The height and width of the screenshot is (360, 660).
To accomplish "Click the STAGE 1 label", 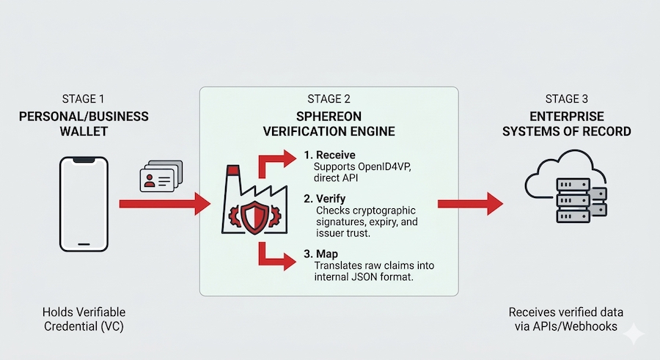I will coord(83,98).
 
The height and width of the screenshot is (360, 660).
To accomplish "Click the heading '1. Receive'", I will coord(330,155).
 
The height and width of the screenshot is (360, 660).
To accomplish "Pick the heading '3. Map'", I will coord(321,254).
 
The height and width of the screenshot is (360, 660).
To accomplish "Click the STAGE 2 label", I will coord(329,98).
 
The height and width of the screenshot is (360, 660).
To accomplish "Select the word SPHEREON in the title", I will coord(329,117).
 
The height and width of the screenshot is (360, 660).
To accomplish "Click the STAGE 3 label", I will coord(568,98).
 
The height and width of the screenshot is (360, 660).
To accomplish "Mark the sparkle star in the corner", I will coord(633,333).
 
